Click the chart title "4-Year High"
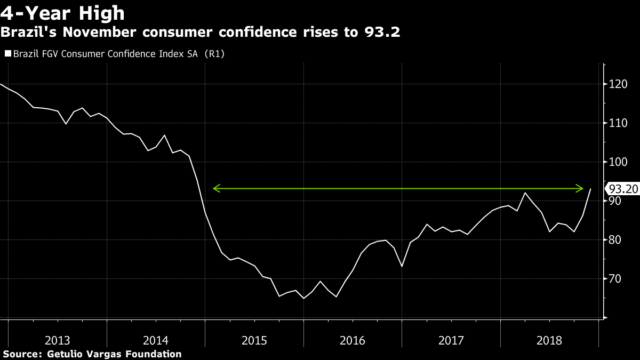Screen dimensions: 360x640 point(62,13)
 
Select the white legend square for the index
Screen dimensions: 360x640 point(7,54)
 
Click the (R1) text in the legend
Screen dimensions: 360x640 point(213,54)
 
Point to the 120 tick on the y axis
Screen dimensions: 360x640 point(617,84)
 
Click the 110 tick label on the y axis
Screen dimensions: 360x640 point(617,123)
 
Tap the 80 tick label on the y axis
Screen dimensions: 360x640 point(615,240)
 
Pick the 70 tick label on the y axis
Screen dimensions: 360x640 point(615,279)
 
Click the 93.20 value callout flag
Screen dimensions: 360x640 point(622,189)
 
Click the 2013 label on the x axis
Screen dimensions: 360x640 point(58,340)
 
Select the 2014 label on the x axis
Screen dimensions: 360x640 point(156,340)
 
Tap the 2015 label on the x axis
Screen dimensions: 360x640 point(254,340)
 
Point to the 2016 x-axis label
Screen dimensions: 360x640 point(353,340)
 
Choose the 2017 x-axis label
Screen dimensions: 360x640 point(451,340)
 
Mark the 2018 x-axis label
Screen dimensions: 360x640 point(549,340)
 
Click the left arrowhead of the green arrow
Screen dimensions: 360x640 point(216,188)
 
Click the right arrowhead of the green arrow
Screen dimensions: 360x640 point(580,188)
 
